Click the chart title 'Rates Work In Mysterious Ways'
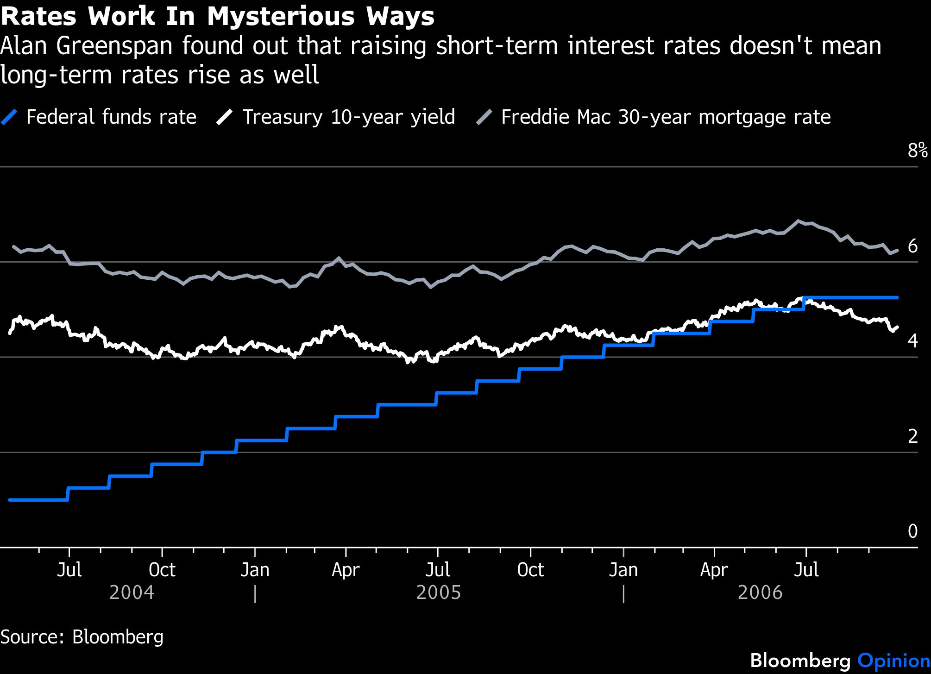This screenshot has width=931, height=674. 217,17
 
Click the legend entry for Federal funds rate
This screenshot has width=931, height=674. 99,117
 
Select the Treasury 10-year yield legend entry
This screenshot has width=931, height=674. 336,117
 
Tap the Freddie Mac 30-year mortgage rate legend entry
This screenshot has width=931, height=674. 654,117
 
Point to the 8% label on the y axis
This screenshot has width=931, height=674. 918,151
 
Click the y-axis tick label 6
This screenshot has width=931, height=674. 912,246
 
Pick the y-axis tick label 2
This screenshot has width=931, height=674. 912,436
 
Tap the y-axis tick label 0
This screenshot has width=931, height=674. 912,531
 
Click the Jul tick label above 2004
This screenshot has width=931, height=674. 69,570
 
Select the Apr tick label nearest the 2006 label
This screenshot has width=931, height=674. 714,570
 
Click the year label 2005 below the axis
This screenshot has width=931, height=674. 438,593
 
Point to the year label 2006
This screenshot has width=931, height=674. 760,593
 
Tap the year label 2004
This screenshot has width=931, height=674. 132,593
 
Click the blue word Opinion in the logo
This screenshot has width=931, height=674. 894,661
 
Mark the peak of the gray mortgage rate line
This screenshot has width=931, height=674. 798,221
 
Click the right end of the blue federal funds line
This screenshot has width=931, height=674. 897,297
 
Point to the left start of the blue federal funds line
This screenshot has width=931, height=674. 10,500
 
